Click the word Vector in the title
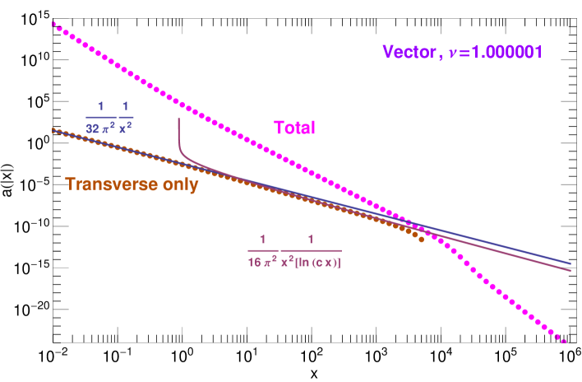click(408, 53)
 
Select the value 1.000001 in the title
click(506, 53)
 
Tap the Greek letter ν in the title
click(453, 54)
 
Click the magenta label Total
click(294, 128)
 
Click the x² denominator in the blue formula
click(125, 129)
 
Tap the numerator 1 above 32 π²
click(101, 106)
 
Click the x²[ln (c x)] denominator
click(311, 263)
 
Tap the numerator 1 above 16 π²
click(263, 240)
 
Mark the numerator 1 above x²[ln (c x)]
click(311, 240)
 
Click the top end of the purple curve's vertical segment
click(178, 119)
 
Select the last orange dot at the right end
click(422, 240)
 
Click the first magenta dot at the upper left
click(54, 25)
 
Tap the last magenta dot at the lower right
click(564, 339)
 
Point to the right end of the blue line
click(571, 263)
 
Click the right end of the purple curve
click(571, 270)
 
